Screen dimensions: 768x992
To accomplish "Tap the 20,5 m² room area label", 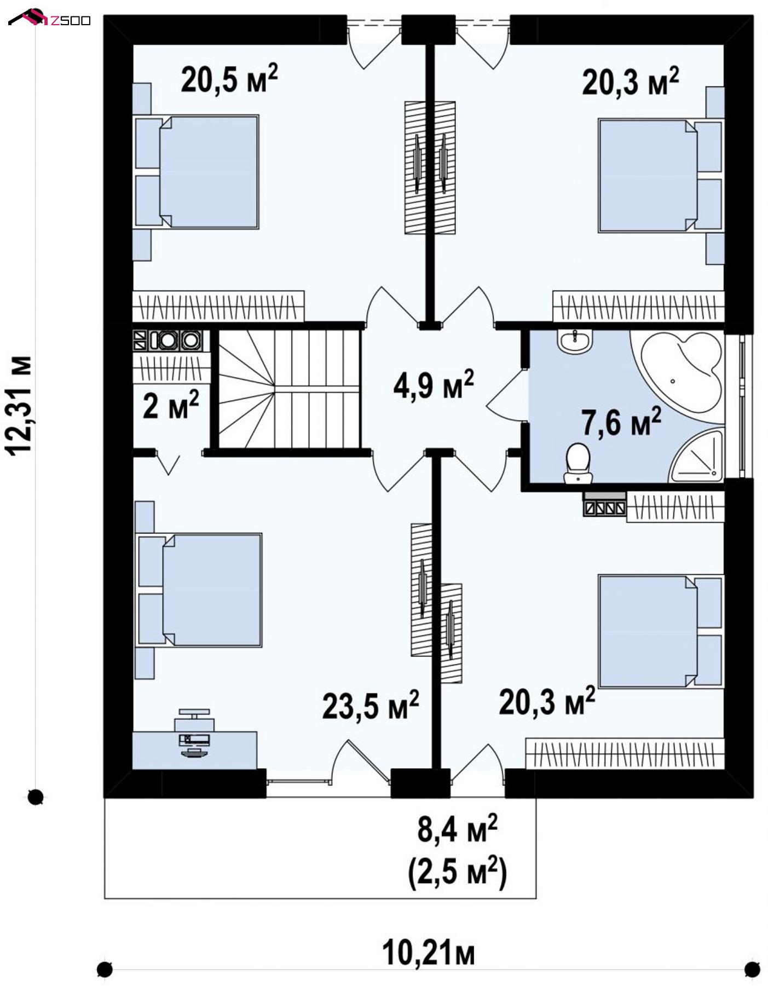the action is click(x=229, y=79).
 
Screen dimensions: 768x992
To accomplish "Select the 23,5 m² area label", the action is click(x=371, y=705).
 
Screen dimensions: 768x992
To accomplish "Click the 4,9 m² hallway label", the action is click(x=434, y=384).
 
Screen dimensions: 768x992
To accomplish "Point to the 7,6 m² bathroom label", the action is click(x=621, y=421).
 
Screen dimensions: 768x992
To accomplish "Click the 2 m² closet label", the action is click(x=171, y=405).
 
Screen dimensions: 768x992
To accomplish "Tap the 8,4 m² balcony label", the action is click(x=458, y=829).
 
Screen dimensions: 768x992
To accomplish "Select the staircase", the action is click(x=289, y=389).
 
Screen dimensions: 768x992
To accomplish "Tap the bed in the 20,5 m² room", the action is click(x=196, y=171).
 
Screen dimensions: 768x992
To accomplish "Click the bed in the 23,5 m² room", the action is click(x=199, y=590).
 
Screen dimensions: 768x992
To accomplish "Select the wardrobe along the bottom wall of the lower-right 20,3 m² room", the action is click(x=625, y=753).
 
